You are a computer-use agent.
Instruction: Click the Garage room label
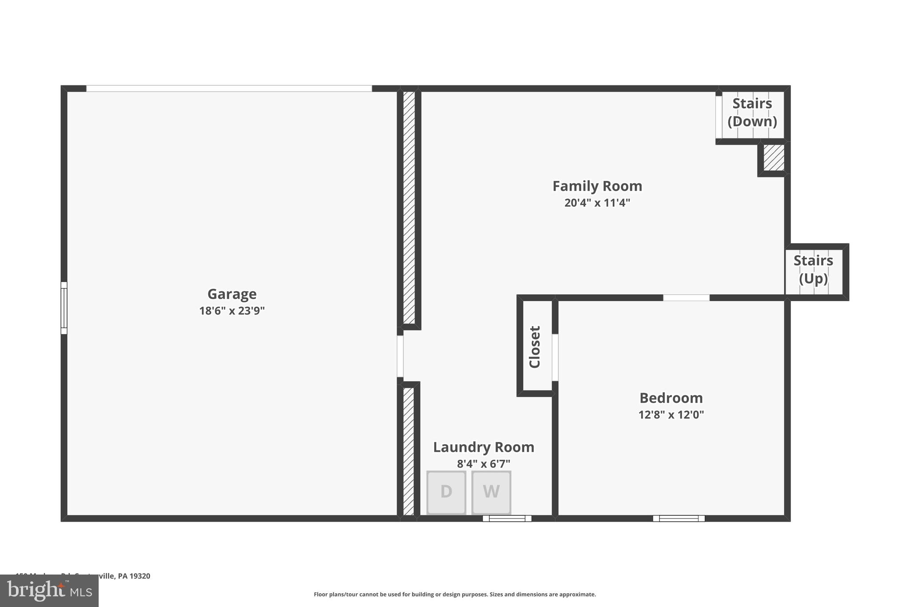231,294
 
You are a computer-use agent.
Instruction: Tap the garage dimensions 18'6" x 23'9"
231,310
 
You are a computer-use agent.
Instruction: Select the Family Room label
597,186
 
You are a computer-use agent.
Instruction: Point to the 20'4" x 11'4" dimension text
597,203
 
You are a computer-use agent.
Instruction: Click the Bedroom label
671,398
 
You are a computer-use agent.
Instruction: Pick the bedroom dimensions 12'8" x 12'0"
671,414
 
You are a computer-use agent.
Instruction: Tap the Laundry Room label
483,447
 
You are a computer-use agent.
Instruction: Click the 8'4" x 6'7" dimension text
483,464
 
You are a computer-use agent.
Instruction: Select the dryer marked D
446,492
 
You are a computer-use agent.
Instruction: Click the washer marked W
491,492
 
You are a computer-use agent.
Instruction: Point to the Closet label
535,347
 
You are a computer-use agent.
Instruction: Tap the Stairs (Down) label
752,113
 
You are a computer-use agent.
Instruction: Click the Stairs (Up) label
813,269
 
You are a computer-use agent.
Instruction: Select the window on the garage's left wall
64,308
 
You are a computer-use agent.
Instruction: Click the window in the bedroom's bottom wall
679,518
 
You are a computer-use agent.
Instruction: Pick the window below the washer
507,518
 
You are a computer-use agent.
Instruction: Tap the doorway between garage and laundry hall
400,356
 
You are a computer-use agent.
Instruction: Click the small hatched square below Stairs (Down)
774,157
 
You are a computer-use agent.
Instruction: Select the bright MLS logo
49,591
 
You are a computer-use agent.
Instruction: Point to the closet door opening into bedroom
555,357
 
